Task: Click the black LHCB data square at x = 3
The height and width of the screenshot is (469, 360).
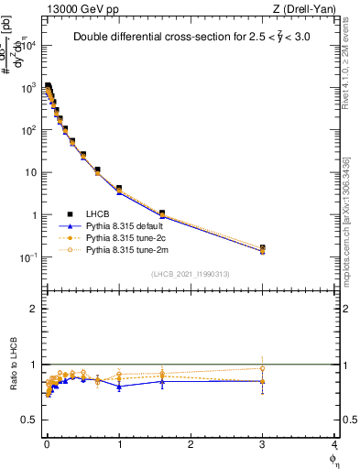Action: tap(263, 248)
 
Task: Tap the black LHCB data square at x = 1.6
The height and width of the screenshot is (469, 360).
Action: tap(162, 213)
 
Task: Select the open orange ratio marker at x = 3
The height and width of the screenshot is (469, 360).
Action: tap(263, 368)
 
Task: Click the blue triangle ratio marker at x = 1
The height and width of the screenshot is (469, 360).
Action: tap(119, 387)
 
